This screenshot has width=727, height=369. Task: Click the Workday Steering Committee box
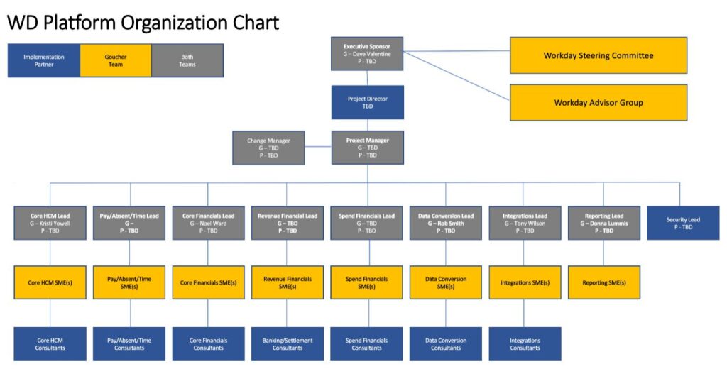[x=598, y=55]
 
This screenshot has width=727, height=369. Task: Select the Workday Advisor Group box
[x=598, y=103]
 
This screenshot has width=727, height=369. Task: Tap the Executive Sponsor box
[x=367, y=54]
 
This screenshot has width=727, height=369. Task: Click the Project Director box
[x=367, y=102]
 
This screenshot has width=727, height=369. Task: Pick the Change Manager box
[x=268, y=148]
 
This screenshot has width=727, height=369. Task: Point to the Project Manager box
[x=367, y=148]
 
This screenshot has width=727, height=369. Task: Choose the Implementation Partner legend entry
[x=43, y=60]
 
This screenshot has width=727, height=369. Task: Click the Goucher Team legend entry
[x=115, y=60]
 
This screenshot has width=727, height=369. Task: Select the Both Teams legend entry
[x=187, y=60]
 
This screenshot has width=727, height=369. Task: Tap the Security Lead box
[x=682, y=223]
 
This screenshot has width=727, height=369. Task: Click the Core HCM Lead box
[x=50, y=223]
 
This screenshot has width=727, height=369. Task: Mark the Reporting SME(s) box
[x=604, y=282]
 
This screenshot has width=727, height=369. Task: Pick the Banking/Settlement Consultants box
[x=288, y=344]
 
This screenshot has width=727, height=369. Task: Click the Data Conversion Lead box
[x=446, y=223]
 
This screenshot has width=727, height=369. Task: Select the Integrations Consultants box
[x=525, y=344]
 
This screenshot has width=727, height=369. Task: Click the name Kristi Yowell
[x=52, y=223]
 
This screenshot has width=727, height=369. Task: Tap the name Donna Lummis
[x=606, y=223]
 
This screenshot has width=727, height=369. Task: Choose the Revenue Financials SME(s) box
[x=288, y=282]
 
